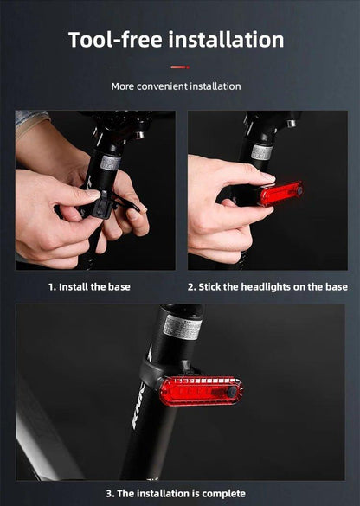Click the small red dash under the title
(179, 67)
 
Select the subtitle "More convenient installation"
(176, 86)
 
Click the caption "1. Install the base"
(89, 286)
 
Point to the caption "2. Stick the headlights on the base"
(267, 286)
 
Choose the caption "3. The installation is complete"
(176, 493)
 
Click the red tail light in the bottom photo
(201, 390)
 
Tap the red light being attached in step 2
(280, 193)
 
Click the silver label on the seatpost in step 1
(111, 162)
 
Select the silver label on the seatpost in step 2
(261, 151)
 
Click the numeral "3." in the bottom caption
(110, 493)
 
